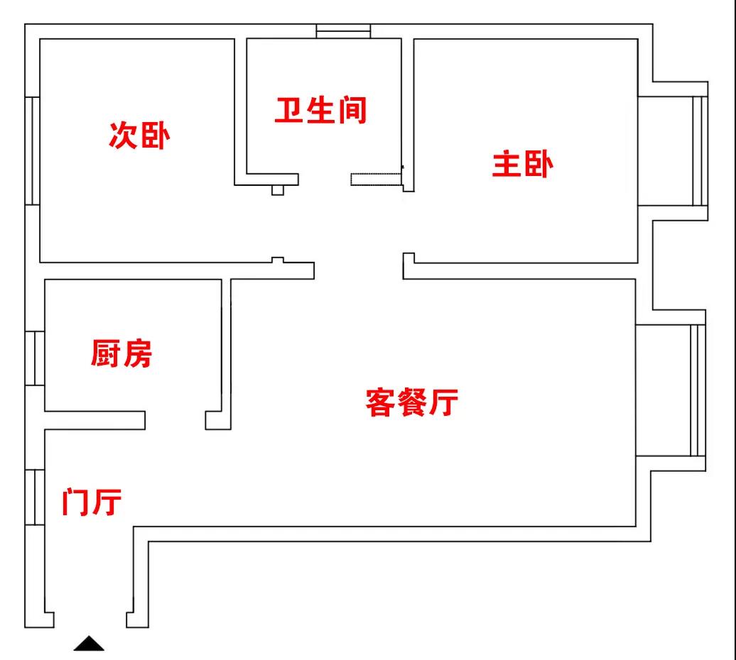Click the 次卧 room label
pyautogui.click(x=139, y=135)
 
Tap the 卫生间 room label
pyautogui.click(x=320, y=111)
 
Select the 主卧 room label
pyautogui.click(x=523, y=165)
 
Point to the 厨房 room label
pyautogui.click(x=121, y=353)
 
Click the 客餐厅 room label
pyautogui.click(x=411, y=402)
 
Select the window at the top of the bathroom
pyautogui.click(x=343, y=31)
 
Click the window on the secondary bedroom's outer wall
pyautogui.click(x=32, y=150)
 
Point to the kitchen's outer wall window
pyautogui.click(x=35, y=358)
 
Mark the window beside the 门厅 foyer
pyautogui.click(x=35, y=497)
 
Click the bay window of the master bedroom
pyautogui.click(x=700, y=150)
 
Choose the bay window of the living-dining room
pyautogui.click(x=698, y=390)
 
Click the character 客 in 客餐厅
pyautogui.click(x=380, y=402)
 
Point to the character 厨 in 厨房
pyautogui.click(x=105, y=353)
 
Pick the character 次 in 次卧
pyautogui.click(x=123, y=135)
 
